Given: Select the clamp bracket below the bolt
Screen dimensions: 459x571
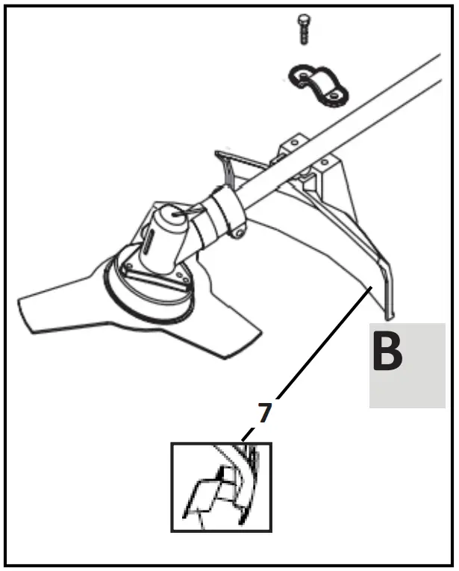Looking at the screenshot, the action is (319, 84).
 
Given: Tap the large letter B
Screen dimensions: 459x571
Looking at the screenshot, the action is (387, 353).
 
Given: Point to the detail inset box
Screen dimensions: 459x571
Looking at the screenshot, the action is (221, 487).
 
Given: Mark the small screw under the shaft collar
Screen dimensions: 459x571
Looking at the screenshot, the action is (237, 234).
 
